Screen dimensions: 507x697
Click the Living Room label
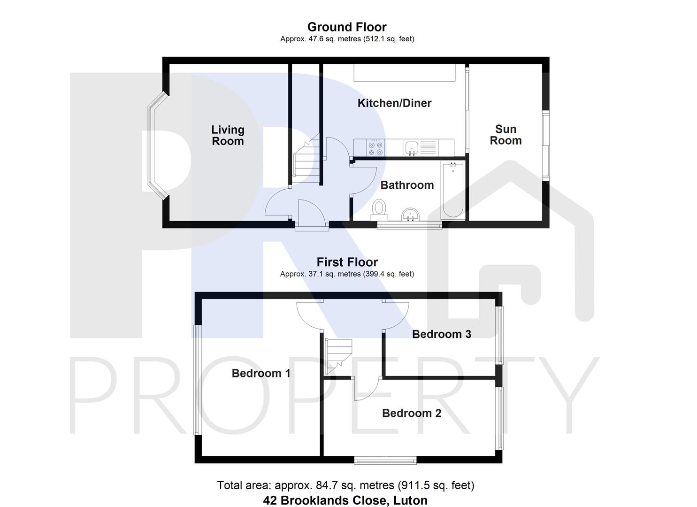pos(228,135)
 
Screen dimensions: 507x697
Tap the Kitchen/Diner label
pos(394,103)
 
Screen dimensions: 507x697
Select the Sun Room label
pos(506,135)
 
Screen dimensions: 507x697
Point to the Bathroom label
pos(407,185)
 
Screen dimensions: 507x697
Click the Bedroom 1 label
pos(261,373)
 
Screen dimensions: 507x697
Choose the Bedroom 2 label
pos(412,413)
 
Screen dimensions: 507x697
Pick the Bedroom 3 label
pos(442,334)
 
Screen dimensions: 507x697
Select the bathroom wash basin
pos(411,214)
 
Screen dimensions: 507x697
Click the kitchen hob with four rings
pos(375,147)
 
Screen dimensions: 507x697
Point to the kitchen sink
pos(412,147)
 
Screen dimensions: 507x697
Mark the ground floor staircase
pos(306,157)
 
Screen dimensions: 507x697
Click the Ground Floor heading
pos(347,27)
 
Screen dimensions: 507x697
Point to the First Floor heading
pos(347,262)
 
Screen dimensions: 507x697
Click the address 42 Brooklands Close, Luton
pos(345,500)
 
